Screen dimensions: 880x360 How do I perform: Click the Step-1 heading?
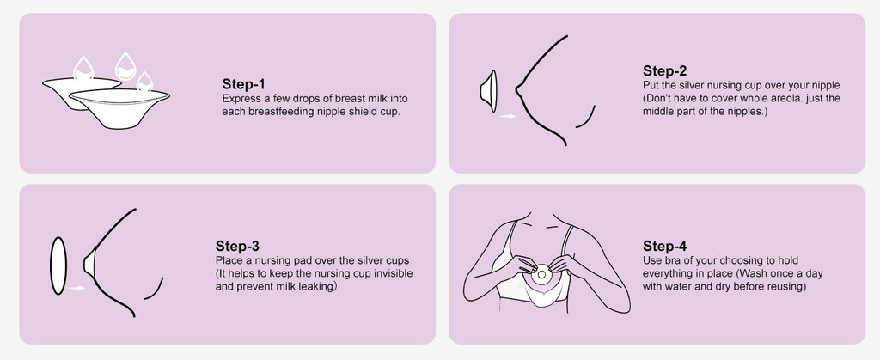[x=243, y=84]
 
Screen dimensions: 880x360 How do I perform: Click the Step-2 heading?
[x=664, y=71]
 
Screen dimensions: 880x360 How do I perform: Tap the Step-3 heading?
[x=237, y=247]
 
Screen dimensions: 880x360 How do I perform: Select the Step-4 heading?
[x=664, y=247]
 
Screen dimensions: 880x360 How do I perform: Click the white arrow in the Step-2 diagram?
[x=507, y=117]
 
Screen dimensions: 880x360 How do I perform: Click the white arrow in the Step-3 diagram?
[x=76, y=288]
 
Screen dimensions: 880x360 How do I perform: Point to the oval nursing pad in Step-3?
[x=58, y=265]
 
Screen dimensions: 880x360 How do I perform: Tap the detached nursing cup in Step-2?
[x=488, y=91]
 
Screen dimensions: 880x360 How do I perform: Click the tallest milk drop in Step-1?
[x=125, y=66]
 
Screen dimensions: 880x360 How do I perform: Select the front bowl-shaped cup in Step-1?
[x=119, y=107]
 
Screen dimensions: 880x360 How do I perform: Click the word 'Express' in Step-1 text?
[x=239, y=99]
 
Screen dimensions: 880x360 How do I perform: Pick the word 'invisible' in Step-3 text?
[x=394, y=273]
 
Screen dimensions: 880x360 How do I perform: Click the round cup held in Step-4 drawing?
[x=541, y=275]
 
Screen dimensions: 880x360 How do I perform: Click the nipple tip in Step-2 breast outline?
[x=516, y=89]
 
